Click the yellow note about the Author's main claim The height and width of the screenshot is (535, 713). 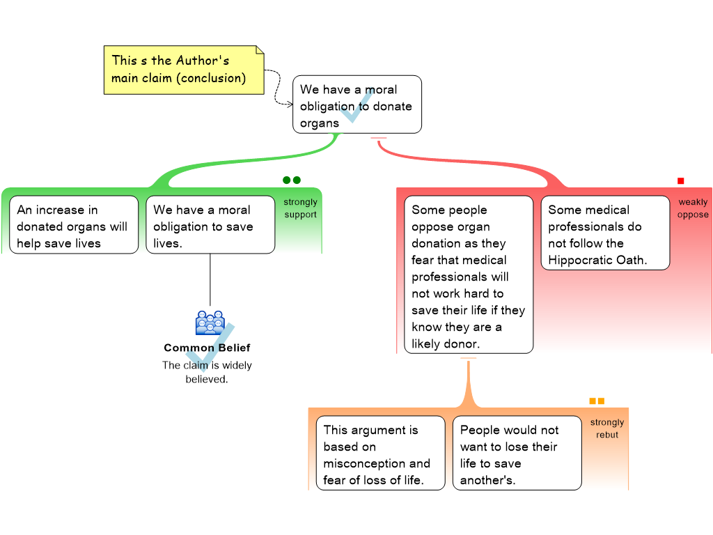[184, 70]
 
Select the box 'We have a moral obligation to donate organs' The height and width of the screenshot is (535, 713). [356, 104]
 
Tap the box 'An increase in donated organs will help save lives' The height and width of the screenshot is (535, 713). [73, 225]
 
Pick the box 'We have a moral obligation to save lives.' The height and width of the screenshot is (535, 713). [210, 225]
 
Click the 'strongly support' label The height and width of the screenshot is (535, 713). [300, 208]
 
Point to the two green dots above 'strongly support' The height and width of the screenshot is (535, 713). [292, 180]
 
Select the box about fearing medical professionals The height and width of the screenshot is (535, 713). [468, 275]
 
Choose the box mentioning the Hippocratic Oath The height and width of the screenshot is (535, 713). [604, 233]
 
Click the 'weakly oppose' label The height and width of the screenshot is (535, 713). [693, 208]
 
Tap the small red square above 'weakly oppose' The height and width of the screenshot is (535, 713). [681, 181]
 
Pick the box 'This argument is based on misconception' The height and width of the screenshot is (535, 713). [379, 453]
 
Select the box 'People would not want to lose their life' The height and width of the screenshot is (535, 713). [516, 453]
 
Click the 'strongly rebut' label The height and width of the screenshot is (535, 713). [607, 428]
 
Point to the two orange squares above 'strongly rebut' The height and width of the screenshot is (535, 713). [597, 401]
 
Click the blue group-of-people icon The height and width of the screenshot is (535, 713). [210, 323]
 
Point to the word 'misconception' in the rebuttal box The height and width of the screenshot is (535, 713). [377, 464]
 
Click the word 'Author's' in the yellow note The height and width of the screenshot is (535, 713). [203, 61]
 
